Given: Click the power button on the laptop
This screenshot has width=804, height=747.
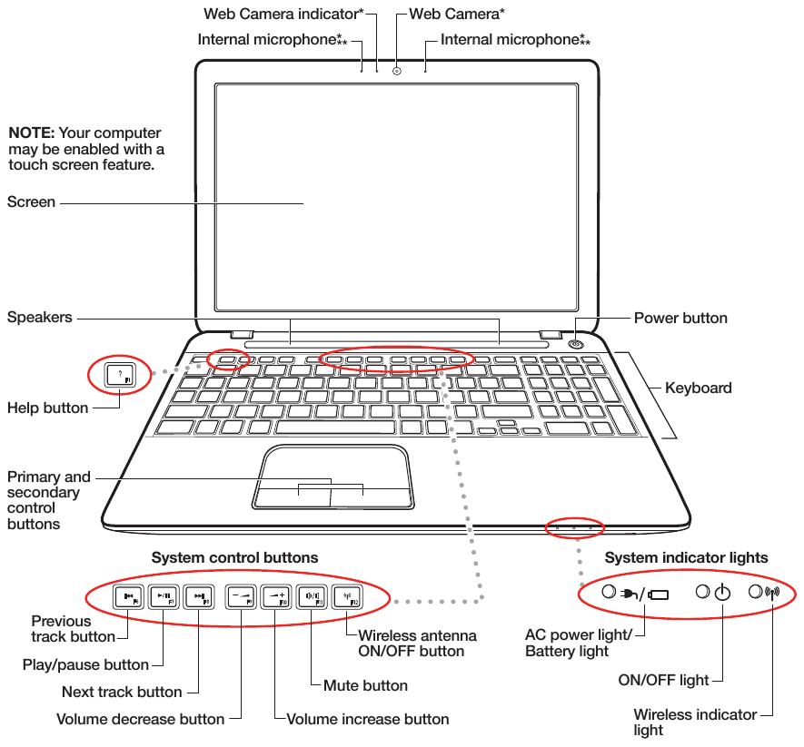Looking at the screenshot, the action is (576, 344).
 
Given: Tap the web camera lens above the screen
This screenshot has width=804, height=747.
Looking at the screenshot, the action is (397, 70).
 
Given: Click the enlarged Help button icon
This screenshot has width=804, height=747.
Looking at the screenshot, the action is (119, 375).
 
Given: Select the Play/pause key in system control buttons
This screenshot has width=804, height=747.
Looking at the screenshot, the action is (164, 597).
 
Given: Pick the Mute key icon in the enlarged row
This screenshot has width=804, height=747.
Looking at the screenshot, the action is (311, 597).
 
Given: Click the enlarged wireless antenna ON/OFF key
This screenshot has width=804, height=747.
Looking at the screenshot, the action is (347, 597).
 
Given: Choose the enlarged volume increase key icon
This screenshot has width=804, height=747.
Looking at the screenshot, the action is (276, 597).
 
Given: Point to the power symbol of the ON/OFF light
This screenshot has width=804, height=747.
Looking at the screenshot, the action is (722, 594).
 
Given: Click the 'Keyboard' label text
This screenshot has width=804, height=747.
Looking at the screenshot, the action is (698, 388).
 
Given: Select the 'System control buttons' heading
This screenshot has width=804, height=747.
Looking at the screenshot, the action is (234, 557).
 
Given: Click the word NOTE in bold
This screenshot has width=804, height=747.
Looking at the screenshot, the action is (32, 133).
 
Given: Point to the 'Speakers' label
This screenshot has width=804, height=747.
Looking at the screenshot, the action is (39, 318).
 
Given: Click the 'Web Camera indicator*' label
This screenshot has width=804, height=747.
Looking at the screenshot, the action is (283, 14).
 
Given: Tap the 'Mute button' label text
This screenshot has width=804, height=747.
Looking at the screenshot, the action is (365, 685).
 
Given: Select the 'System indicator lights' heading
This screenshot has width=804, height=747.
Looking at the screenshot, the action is (686, 557).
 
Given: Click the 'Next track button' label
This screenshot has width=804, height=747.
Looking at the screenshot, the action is (122, 692).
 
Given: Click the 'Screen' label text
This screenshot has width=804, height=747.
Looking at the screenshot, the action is (31, 202).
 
